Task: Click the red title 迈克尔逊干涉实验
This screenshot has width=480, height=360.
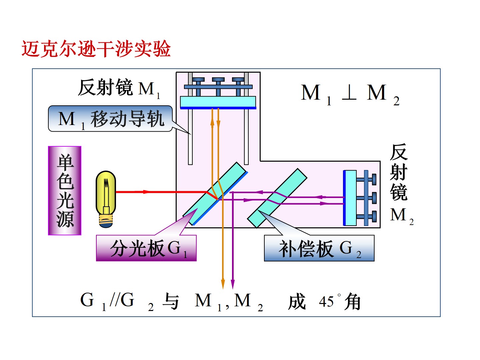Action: click(x=96, y=49)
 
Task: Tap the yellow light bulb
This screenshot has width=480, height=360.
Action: click(x=106, y=195)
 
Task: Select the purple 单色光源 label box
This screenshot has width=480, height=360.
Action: click(x=65, y=190)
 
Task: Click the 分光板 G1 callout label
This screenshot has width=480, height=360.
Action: click(x=146, y=248)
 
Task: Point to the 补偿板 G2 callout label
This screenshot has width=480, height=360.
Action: click(x=319, y=248)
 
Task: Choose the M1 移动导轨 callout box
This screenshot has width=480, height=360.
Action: click(x=110, y=119)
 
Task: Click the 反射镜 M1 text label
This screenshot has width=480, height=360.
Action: click(x=119, y=88)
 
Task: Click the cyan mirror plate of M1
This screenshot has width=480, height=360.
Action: click(x=218, y=101)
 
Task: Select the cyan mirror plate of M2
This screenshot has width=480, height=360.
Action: click(x=351, y=198)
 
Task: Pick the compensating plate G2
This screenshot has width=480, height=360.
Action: click(x=277, y=198)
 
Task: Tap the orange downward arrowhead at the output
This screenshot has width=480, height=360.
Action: click(x=223, y=284)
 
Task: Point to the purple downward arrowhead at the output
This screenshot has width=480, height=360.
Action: click(x=233, y=284)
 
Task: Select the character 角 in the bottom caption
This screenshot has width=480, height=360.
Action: click(x=353, y=302)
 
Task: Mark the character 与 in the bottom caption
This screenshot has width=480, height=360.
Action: click(x=171, y=301)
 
